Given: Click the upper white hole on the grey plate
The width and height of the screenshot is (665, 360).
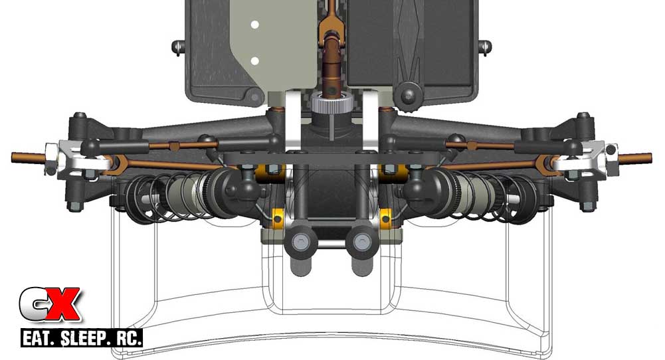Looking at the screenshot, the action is (254, 25).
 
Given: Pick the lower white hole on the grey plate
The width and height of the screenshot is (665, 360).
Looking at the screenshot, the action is (254, 62).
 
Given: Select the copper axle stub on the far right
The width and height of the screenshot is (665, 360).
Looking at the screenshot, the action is (634, 157).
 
